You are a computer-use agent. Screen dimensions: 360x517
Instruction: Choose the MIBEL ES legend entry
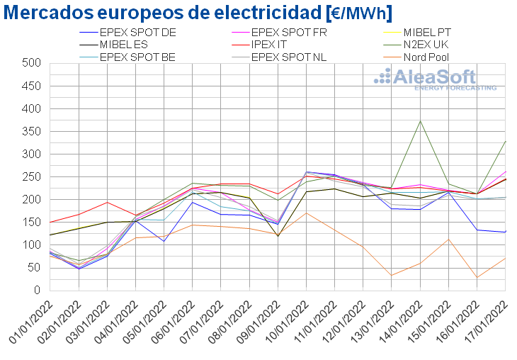pos(127,44)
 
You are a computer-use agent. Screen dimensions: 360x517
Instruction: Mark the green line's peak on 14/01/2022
pos(421,121)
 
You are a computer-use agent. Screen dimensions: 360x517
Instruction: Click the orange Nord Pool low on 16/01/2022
pos(477,278)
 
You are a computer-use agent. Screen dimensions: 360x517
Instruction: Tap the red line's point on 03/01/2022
pos(107,203)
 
